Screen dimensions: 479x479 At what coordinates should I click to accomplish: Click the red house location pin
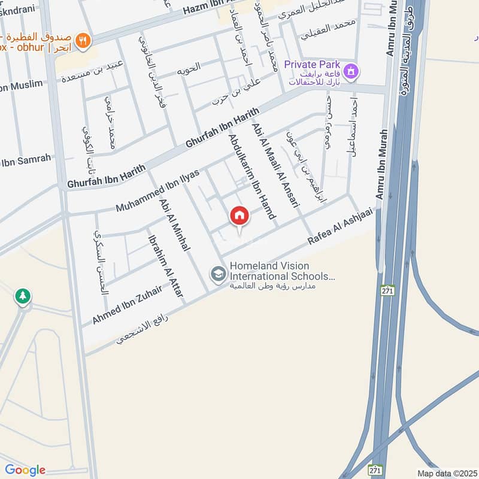239,216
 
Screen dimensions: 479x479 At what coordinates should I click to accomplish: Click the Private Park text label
312,64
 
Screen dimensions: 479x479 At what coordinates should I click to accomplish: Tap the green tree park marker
23,296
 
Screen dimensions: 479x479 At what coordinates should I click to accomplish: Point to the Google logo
25,469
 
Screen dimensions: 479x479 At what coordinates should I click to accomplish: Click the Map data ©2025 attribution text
447,473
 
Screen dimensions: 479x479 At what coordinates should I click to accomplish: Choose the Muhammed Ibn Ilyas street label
157,190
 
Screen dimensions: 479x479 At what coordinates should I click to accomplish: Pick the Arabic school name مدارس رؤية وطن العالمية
272,286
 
